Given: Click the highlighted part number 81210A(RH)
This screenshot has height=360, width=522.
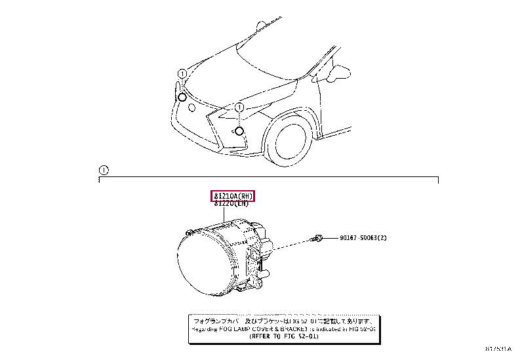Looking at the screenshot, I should click(x=232, y=195).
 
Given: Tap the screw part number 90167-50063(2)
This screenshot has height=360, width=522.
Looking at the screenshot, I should click(x=363, y=237).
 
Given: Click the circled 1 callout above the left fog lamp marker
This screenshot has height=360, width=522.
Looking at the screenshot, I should click(x=182, y=73).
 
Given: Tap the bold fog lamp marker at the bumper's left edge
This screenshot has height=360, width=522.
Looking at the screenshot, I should click(x=182, y=97).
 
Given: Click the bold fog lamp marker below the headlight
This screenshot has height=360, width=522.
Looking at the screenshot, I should click(x=239, y=131).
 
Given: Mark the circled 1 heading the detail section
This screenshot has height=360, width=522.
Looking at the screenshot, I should click(x=102, y=170).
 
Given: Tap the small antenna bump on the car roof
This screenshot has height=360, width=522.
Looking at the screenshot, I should click(x=260, y=24).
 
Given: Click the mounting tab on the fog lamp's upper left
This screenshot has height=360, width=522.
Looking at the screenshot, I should click(x=190, y=232).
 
